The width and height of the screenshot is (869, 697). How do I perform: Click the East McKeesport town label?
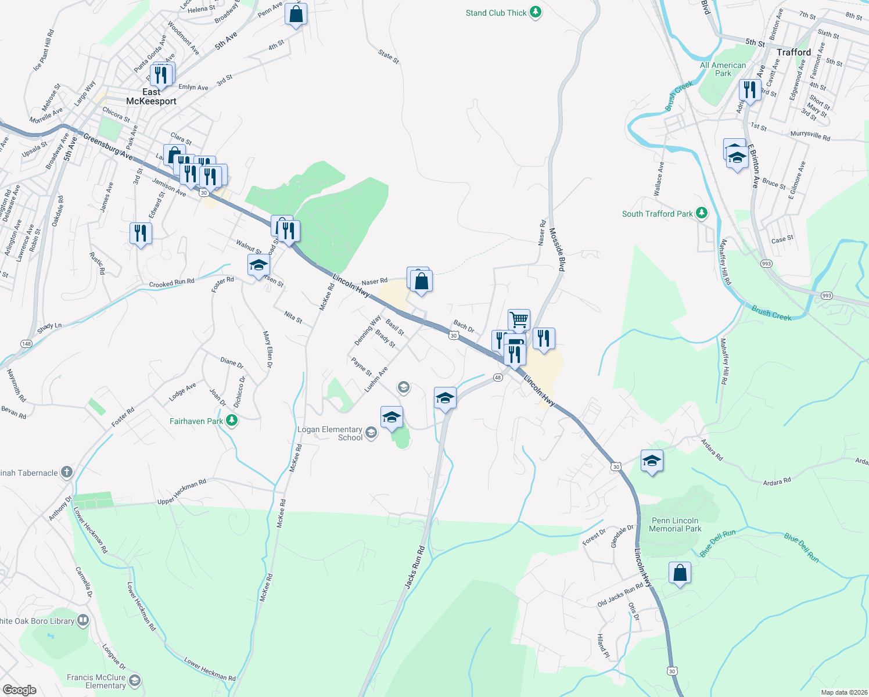click(151, 96)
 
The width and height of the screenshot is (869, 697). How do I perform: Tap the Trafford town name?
click(793, 52)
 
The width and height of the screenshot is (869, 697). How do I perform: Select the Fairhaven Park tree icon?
click(232, 420)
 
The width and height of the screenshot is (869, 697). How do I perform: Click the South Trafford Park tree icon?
click(702, 213)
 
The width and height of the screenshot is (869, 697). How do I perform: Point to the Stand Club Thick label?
click(496, 13)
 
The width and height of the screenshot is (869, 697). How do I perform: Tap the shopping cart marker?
click(519, 319)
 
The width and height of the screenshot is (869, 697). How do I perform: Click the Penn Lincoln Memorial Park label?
click(675, 524)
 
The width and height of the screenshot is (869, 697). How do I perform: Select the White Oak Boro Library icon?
click(83, 620)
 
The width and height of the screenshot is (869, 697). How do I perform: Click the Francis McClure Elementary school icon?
click(135, 680)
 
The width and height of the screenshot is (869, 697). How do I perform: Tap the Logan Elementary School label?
click(330, 433)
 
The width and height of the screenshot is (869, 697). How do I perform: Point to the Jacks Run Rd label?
click(415, 567)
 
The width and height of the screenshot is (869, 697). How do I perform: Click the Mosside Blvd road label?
click(556, 249)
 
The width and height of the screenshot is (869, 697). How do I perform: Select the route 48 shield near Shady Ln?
click(26, 344)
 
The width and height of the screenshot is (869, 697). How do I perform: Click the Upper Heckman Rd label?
click(182, 492)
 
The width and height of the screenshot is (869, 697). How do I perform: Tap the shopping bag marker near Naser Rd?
click(422, 282)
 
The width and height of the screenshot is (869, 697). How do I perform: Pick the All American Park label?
click(723, 69)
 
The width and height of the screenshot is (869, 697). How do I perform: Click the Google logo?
click(19, 689)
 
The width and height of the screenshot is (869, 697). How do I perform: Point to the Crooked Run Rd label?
click(171, 283)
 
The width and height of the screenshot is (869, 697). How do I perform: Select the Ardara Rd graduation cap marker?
click(652, 461)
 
